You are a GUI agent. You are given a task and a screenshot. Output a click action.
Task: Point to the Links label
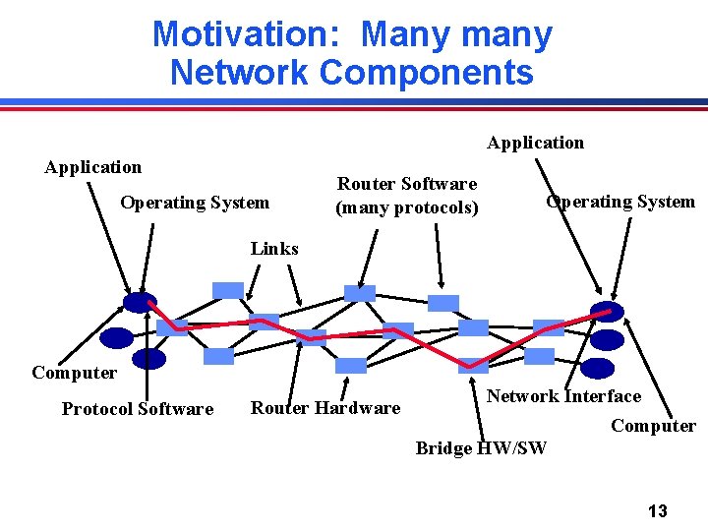(x=274, y=249)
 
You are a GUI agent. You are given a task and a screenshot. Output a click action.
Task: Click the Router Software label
(x=407, y=184)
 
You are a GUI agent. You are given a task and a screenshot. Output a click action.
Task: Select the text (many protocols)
(x=407, y=207)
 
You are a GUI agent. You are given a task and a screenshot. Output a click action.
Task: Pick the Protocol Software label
(x=138, y=409)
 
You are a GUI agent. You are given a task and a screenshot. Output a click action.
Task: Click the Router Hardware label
(x=325, y=408)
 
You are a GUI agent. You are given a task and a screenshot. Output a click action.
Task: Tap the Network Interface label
(x=564, y=396)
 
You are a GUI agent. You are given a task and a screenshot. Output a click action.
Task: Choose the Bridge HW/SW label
(x=481, y=448)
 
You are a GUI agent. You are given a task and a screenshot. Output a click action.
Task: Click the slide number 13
(x=658, y=511)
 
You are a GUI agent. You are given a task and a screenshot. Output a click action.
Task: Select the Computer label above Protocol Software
(x=74, y=373)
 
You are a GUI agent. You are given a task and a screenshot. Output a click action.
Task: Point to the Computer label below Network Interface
(x=653, y=426)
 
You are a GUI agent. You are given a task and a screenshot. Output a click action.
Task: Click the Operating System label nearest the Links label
(x=195, y=203)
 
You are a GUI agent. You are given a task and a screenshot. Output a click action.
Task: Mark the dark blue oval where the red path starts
(x=140, y=302)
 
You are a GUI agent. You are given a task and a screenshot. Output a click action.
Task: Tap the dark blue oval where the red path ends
(x=607, y=312)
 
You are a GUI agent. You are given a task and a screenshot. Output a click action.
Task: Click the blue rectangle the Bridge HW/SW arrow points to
(x=473, y=365)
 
